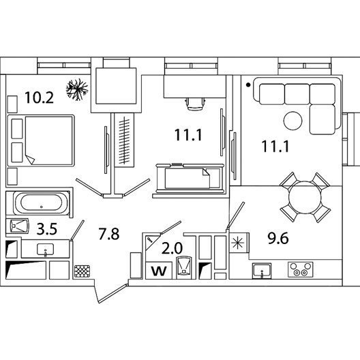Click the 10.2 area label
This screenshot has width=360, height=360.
pos(39,97)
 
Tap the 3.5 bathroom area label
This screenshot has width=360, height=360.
pos(47,229)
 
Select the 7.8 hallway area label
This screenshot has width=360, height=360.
pos(109,234)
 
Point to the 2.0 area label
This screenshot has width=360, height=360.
pos(172,248)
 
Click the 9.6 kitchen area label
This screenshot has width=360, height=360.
pos(277,238)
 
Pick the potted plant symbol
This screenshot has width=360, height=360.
pos(77,89)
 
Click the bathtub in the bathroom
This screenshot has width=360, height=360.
pos(42,203)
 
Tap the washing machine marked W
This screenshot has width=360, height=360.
pos(159,271)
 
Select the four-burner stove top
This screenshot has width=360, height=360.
pos(301,269)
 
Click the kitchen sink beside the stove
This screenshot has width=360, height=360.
pos(262,271)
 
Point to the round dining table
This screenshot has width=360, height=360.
pos(305,198)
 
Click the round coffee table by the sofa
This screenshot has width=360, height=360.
pos(292,121)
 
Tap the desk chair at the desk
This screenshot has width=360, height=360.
pos(195,104)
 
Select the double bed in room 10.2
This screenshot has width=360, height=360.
pos(41,140)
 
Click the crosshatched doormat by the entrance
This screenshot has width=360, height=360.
pos(82,271)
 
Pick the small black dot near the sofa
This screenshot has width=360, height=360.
pos(248,85)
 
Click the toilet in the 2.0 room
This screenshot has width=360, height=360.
pos(183,267)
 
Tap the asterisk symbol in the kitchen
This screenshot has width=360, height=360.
pos(237,243)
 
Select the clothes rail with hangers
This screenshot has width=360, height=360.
pos(124,140)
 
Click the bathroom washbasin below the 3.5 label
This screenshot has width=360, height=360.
pos(45,250)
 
